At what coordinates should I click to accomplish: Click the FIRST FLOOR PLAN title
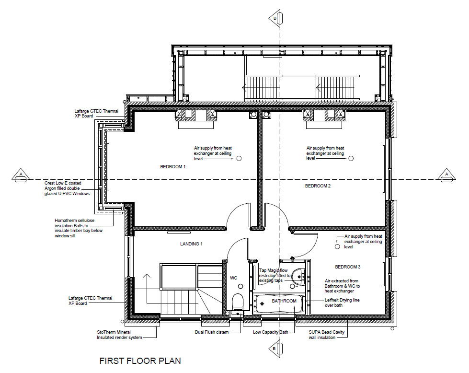tap(140, 361)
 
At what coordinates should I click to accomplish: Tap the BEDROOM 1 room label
tap(173, 167)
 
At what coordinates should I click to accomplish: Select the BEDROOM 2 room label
tap(318, 186)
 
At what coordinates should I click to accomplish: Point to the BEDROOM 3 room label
tap(348, 267)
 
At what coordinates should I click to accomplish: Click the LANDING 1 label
tap(191, 244)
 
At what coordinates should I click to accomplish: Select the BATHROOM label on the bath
tap(284, 301)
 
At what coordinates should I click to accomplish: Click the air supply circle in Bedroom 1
tap(239, 158)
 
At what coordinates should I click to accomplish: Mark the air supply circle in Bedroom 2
tap(351, 158)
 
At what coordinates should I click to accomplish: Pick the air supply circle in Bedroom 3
tap(337, 247)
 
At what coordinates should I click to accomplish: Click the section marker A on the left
tap(21, 176)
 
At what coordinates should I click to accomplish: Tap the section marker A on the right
tap(447, 176)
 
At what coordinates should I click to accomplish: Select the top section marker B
tap(276, 18)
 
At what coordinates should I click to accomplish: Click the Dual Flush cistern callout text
tap(212, 332)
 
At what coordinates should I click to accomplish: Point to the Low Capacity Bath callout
tap(270, 332)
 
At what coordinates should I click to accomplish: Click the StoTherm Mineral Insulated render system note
tap(119, 335)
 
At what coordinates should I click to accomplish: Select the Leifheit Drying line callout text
tap(342, 303)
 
